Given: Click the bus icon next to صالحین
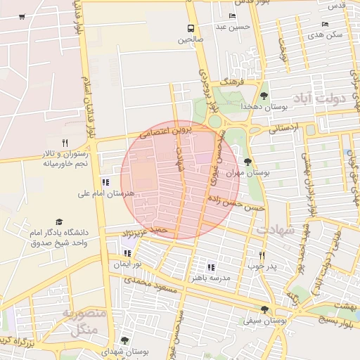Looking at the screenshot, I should coord(191,28).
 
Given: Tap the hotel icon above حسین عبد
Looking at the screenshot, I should coord(233,16).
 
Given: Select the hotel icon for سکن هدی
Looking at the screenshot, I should coord(324,23).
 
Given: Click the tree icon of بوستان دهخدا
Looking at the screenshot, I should coord(264,96).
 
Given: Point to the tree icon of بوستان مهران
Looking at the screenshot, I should coord(246,162).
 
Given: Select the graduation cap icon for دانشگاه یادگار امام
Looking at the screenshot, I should coord(59,221).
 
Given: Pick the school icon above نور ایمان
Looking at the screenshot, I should coord(127,252).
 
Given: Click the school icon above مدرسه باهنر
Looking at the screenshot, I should coord(211,267).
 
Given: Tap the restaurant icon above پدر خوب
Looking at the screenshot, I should coord(262,255).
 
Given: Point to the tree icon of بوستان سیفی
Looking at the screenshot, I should coord(264,309).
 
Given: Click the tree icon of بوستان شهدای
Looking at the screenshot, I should coord(124,340).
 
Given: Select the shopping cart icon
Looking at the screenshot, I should coord(22,16).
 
